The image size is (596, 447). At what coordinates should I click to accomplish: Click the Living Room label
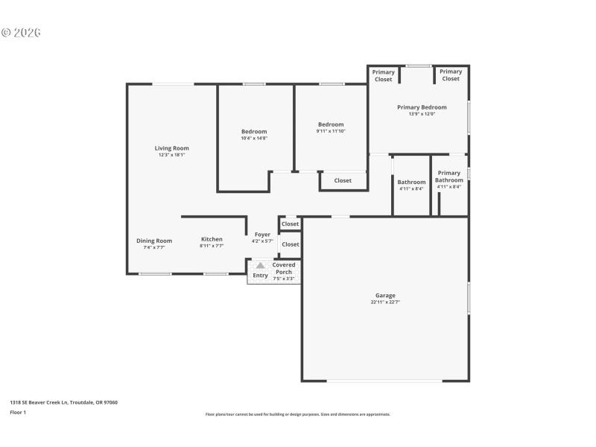pos(171,148)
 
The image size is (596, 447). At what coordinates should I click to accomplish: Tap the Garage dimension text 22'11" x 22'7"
pos(385,302)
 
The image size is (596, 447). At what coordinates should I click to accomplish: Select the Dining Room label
pos(154,241)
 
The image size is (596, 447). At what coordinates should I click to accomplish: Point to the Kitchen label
pos(212,239)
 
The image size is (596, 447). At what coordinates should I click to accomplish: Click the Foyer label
pos(262,235)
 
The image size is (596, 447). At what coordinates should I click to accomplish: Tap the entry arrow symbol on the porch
pos(260,265)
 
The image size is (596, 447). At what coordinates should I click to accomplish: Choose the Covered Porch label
pos(284,267)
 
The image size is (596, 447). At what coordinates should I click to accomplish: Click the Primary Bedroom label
pos(422,107)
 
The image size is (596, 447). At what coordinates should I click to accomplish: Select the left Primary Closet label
pos(384,75)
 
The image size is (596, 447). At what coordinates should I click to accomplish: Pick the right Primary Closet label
pos(451,75)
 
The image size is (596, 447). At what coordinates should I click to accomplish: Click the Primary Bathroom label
pos(449,177)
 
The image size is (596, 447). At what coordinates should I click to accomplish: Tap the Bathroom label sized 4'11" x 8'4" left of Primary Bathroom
pos(411,182)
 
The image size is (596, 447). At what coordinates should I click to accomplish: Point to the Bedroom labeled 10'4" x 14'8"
pos(254,132)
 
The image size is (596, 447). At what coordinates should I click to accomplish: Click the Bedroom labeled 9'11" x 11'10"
pos(331,124)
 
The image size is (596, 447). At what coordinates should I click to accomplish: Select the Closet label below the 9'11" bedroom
pos(343,180)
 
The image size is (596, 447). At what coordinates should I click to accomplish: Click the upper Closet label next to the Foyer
pos(290,223)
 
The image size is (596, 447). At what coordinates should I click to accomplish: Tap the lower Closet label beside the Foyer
pos(291,244)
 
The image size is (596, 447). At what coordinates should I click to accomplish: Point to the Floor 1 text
pos(18,412)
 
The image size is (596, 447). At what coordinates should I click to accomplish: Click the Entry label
pos(260,276)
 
